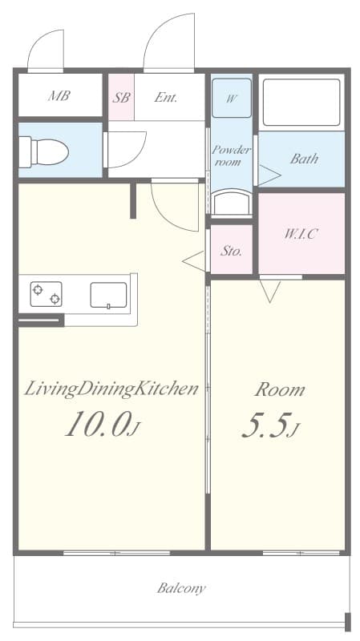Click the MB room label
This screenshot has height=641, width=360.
pos(59,96)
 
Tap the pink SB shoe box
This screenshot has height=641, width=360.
pos(122,97)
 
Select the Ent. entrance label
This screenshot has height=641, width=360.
pos(166,97)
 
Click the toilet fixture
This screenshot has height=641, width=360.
pos(44,152)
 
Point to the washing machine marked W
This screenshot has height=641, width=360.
pos(232,98)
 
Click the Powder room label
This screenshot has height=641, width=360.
pos(231,155)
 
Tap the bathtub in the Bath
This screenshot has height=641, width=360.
pos(301,103)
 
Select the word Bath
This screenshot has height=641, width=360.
pos(305,159)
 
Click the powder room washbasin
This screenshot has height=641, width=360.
pos(232,203)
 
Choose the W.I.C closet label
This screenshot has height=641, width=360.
pos(301,234)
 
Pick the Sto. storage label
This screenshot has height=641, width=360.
pos(231,251)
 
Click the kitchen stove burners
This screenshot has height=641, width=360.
pos(47,294)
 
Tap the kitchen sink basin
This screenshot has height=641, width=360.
pos(108,295)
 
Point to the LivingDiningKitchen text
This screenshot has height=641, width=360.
pos(111,389)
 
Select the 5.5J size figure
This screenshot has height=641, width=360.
pos(271,425)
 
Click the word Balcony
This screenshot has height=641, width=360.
pos(182,589)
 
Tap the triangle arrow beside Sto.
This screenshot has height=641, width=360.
pos(193,261)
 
